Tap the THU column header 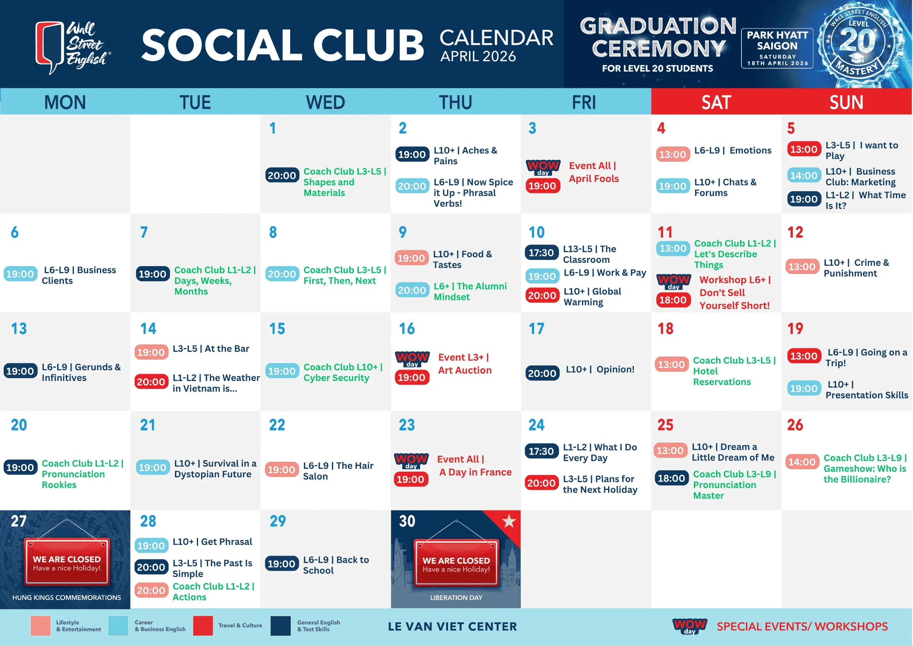[x=455, y=102]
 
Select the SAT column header [x=716, y=102]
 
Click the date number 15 [x=277, y=329]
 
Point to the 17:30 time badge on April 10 [x=542, y=253]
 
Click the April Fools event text [x=594, y=172]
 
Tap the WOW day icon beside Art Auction [x=412, y=359]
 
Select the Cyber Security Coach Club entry [x=343, y=372]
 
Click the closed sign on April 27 [x=67, y=563]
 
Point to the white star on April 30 [x=509, y=521]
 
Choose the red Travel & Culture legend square [x=203, y=626]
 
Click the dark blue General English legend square [x=280, y=626]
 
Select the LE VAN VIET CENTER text [x=453, y=626]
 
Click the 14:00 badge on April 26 [x=802, y=462]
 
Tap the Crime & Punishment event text [x=856, y=268]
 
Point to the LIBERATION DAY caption [x=456, y=598]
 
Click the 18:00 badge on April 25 [x=671, y=478]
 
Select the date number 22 [x=277, y=425]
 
